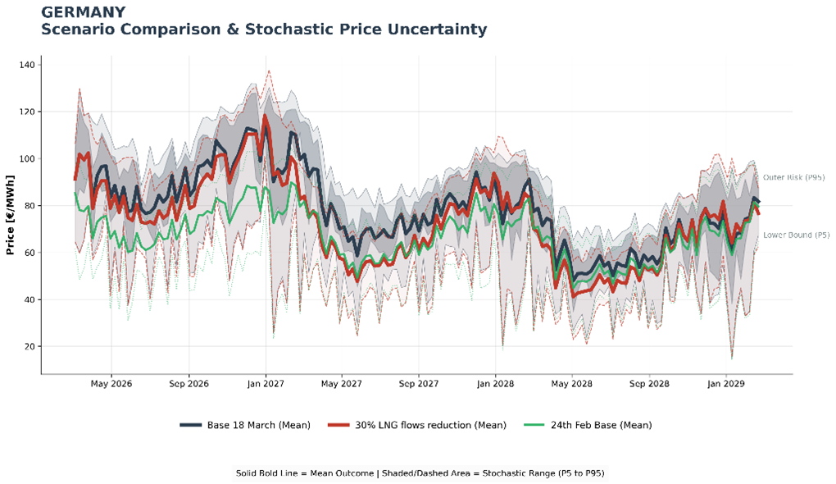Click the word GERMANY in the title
[83, 12]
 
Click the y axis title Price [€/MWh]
[11, 215]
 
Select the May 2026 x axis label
[111, 383]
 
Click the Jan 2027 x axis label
[265, 383]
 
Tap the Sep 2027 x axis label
[418, 383]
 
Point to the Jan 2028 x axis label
[495, 383]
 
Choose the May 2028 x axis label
[571, 383]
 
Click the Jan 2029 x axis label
[725, 383]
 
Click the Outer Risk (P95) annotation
[793, 177]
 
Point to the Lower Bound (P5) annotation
[793, 235]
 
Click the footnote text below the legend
[420, 473]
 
